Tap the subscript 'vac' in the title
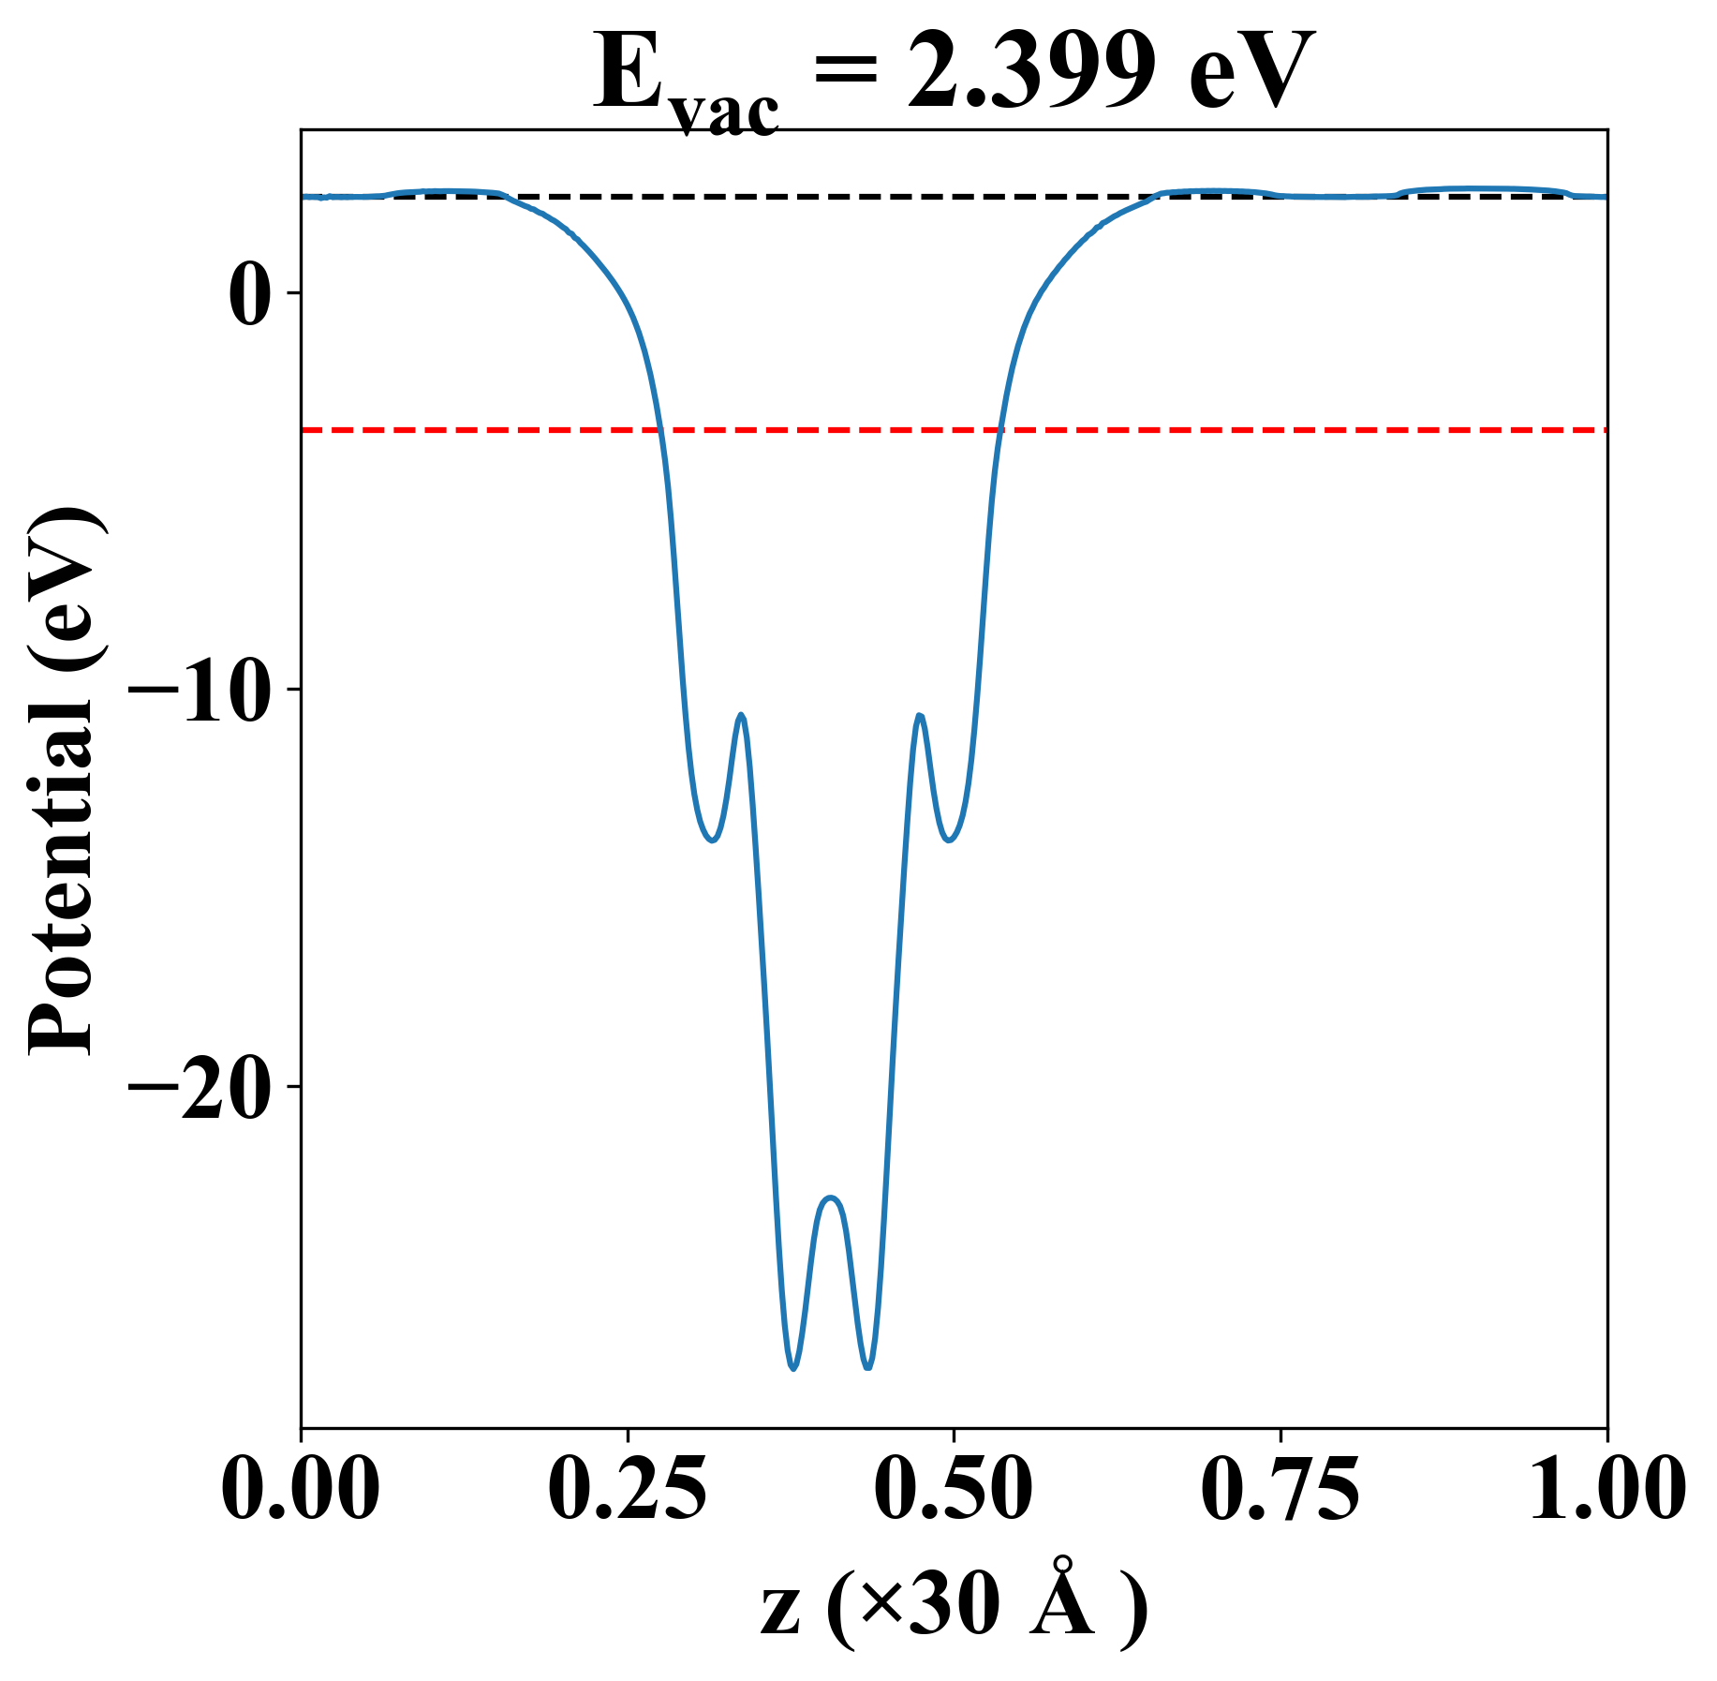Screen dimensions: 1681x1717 pos(726,113)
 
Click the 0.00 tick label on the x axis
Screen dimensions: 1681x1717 pos(301,1490)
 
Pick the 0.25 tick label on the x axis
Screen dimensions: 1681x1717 pos(627,1490)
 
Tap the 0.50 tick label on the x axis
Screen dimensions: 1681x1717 pos(954,1490)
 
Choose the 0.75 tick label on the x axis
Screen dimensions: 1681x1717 pos(1280,1490)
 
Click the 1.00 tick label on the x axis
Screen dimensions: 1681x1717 pos(1606,1490)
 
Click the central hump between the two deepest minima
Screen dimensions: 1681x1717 pos(831,1198)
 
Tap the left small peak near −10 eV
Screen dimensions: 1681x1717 pos(742,715)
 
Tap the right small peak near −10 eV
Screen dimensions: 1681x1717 pos(921,716)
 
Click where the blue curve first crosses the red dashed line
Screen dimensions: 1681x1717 pos(660,430)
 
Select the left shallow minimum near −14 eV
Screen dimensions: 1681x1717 pos(713,840)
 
